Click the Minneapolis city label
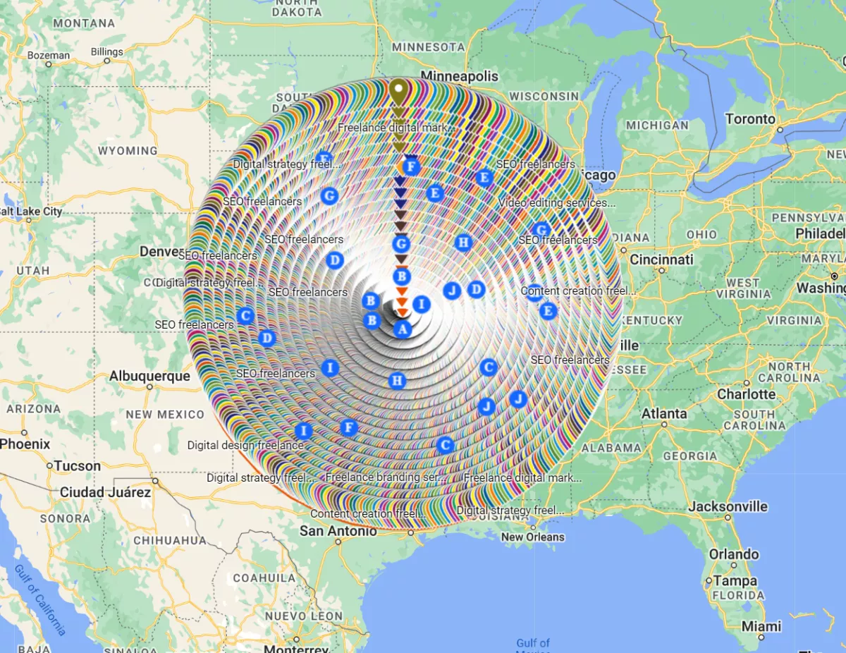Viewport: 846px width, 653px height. (x=459, y=76)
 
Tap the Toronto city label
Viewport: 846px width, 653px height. (x=751, y=118)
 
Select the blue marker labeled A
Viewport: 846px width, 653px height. (x=402, y=329)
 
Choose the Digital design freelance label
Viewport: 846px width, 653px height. (x=245, y=445)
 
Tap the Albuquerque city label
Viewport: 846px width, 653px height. (x=149, y=376)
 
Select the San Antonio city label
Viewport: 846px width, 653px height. (x=338, y=530)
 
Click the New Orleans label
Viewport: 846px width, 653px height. (x=532, y=537)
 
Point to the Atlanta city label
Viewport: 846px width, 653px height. (x=663, y=413)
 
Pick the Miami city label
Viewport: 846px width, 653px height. (x=761, y=626)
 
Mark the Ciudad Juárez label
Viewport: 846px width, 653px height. (x=105, y=492)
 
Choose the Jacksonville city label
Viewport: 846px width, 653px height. (x=728, y=506)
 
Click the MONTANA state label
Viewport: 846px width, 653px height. (x=84, y=23)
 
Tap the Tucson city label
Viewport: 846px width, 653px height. (x=78, y=465)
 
